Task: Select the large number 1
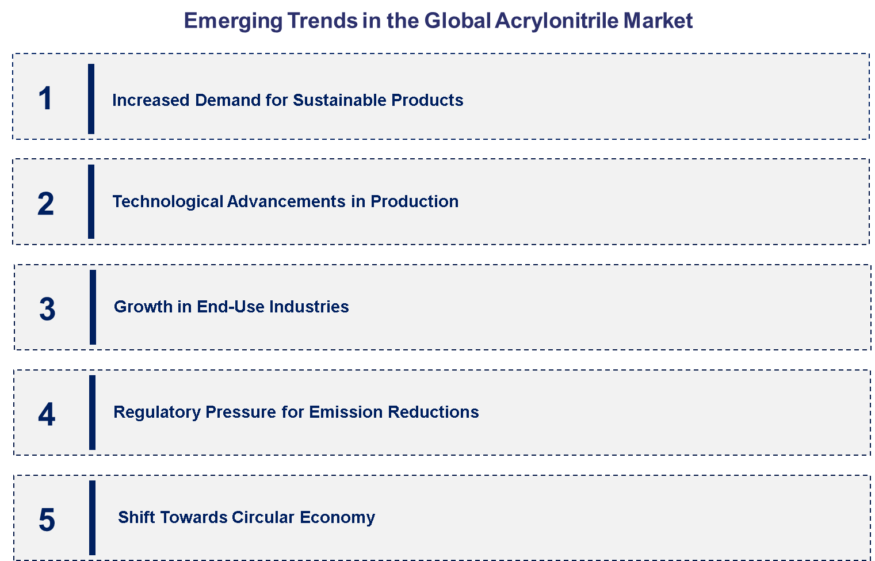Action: pos(45,98)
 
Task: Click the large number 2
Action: pos(45,204)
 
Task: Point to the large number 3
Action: pos(47,309)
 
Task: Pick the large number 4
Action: pos(47,414)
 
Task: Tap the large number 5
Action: pos(47,520)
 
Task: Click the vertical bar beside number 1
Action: pos(91,99)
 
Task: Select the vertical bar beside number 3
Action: pos(93,307)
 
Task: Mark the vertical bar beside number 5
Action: pos(92,518)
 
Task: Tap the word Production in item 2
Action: pos(414,201)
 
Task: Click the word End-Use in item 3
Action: pos(230,307)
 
